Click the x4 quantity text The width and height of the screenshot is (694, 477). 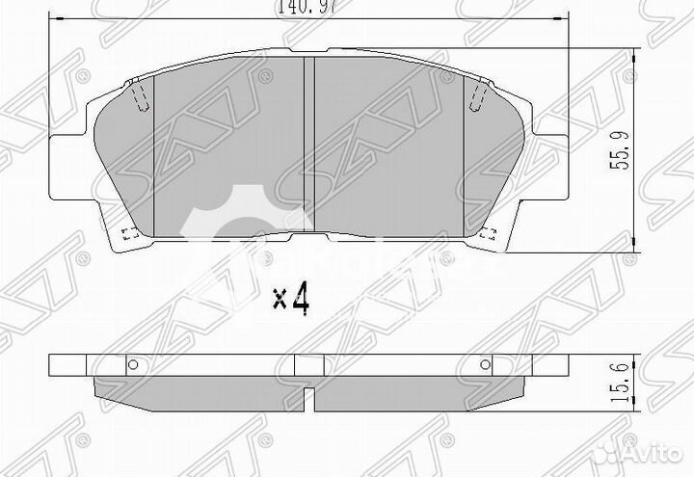tap(290, 299)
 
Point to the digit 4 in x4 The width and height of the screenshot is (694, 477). tap(301, 299)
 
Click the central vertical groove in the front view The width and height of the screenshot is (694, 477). tap(310, 145)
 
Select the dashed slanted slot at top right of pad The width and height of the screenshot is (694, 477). tap(478, 95)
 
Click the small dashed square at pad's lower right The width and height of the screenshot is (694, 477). tap(490, 232)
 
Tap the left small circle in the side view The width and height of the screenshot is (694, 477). tap(133, 364)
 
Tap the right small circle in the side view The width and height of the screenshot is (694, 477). tap(485, 364)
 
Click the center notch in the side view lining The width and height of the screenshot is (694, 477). tap(308, 397)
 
